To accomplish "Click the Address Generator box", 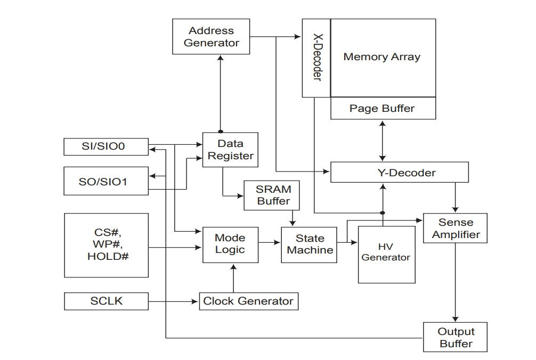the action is pyautogui.click(x=211, y=37).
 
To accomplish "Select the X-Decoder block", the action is pyautogui.click(x=316, y=58).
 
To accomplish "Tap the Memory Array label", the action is pyautogui.click(x=382, y=56).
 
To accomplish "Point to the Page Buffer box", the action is pyautogui.click(x=383, y=108).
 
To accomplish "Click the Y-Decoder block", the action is pyautogui.click(x=400, y=172).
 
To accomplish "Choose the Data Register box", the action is pyautogui.click(x=230, y=150).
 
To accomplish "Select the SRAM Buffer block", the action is pyautogui.click(x=272, y=195).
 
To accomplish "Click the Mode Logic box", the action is pyautogui.click(x=230, y=245).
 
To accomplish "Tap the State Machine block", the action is pyautogui.click(x=309, y=245).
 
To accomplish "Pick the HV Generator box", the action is pyautogui.click(x=387, y=255).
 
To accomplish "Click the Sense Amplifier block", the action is pyautogui.click(x=456, y=228).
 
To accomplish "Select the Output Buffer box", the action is pyautogui.click(x=456, y=337).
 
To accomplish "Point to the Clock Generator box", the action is pyautogui.click(x=249, y=301).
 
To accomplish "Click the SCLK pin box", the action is pyautogui.click(x=107, y=301).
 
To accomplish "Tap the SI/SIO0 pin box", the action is pyautogui.click(x=107, y=147).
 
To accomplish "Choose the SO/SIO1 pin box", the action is pyautogui.click(x=107, y=181).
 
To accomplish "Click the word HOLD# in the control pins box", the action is pyautogui.click(x=108, y=256).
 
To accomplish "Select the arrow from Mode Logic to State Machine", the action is pyautogui.click(x=270, y=242).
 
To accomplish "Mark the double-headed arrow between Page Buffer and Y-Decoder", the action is pyautogui.click(x=383, y=141).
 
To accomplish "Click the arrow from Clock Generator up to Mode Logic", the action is pyautogui.click(x=233, y=278).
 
